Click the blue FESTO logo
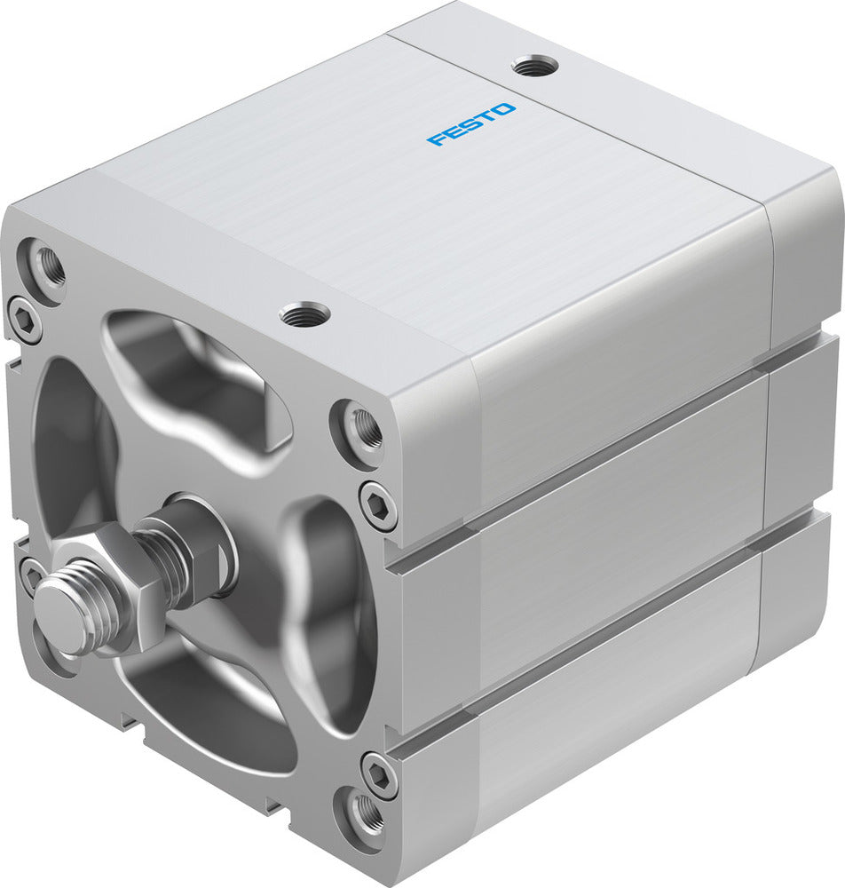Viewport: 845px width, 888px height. pos(470,123)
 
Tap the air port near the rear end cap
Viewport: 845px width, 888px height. pos(535,65)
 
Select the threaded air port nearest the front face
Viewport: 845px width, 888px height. pos(304,313)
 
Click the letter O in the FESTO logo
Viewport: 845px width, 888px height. pos(503,110)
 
